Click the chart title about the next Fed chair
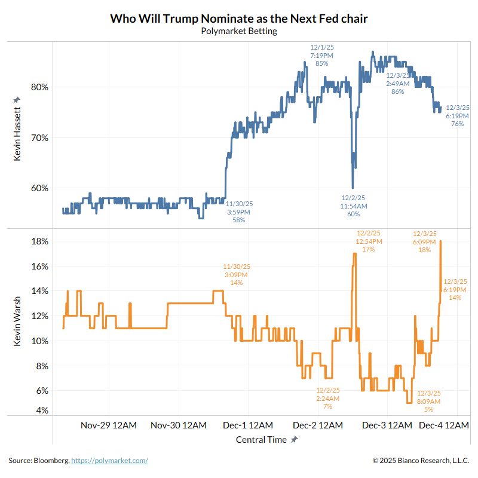tap(238, 19)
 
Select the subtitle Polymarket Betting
tap(238, 31)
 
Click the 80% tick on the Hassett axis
tap(39, 87)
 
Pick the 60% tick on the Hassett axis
tap(39, 188)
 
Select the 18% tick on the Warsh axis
tap(39, 241)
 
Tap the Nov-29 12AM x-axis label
tap(108, 425)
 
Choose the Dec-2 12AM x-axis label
tap(317, 425)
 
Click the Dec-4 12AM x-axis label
tap(443, 425)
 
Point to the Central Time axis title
tap(261, 440)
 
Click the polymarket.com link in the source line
tap(109, 461)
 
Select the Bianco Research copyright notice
tap(421, 461)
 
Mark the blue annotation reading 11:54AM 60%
tap(353, 206)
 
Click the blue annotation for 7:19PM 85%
tap(321, 55)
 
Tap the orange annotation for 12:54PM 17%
tap(368, 241)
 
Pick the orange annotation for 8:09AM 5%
tap(428, 401)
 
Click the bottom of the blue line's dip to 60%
tap(353, 186)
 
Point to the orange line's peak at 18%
tap(440, 241)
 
